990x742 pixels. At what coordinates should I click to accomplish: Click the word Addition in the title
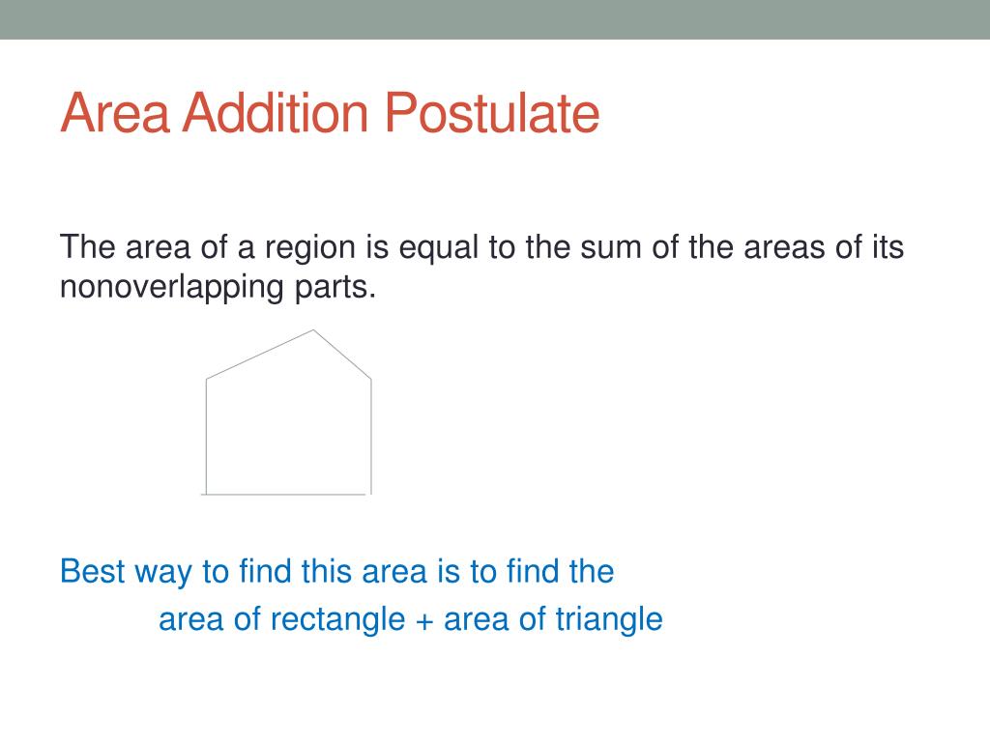tap(275, 114)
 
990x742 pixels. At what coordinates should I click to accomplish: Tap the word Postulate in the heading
tap(491, 114)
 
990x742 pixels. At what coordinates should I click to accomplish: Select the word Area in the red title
tap(116, 114)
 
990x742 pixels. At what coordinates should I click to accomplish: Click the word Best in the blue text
tap(93, 571)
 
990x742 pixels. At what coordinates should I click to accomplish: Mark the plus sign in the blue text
tap(423, 620)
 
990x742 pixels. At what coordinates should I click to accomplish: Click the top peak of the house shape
tap(312, 330)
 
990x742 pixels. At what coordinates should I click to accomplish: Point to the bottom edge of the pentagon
tap(285, 495)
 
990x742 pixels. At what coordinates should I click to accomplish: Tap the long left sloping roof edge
tap(259, 355)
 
